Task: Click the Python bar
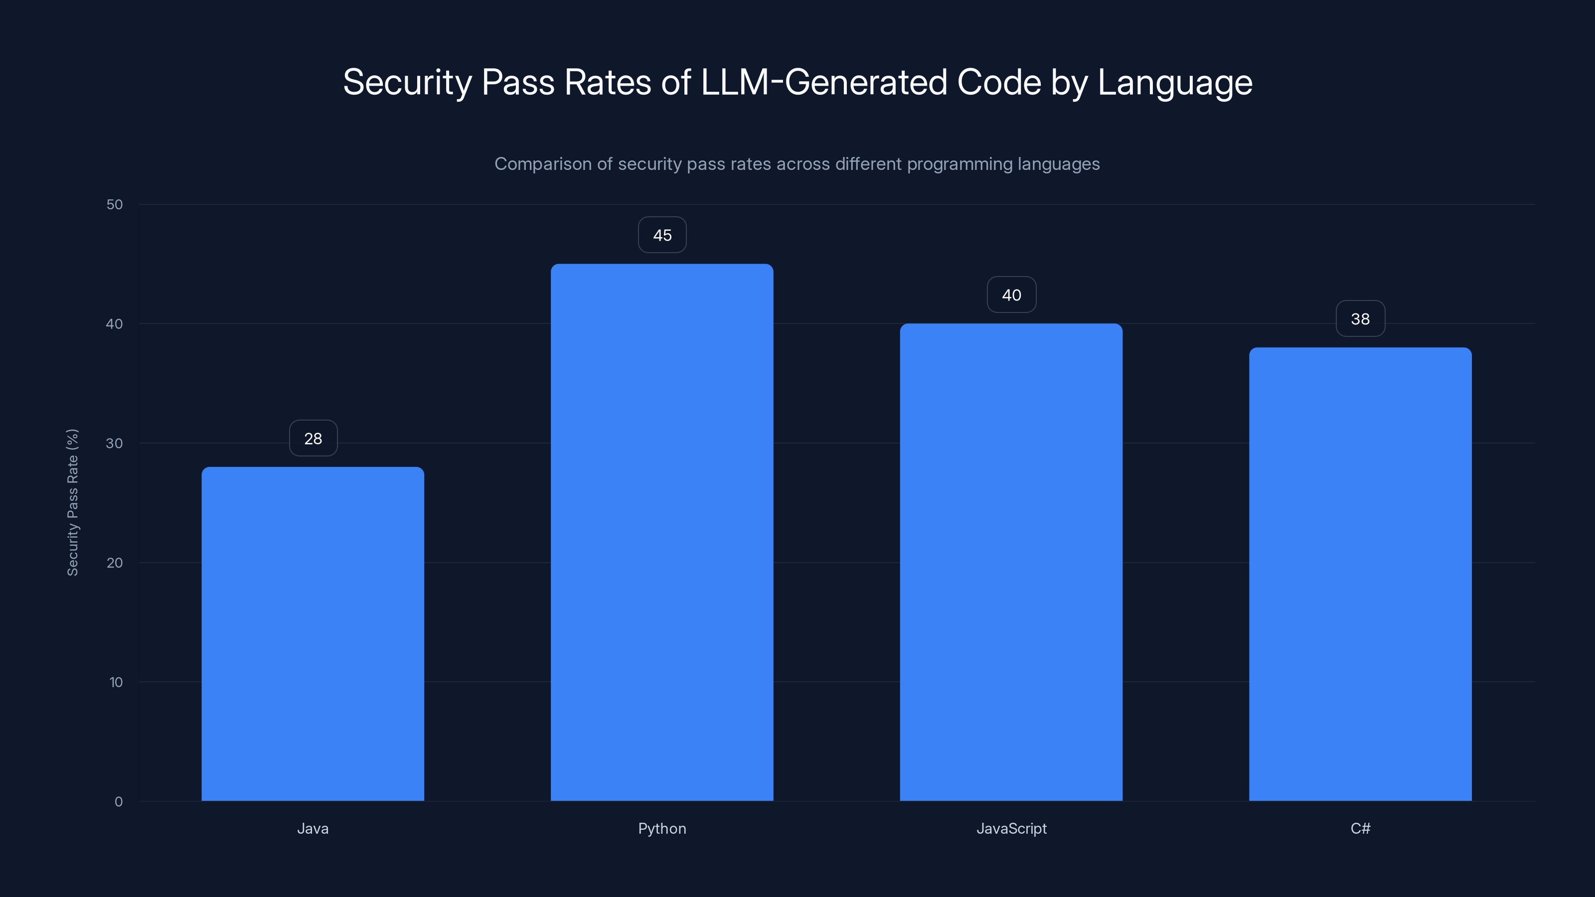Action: (x=662, y=532)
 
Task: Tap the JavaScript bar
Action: (x=1011, y=562)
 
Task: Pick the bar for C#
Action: (x=1360, y=574)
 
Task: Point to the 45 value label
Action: (x=662, y=235)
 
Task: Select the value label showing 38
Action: (x=1360, y=319)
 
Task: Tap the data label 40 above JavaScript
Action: (x=1011, y=296)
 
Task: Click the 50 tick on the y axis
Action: (x=115, y=204)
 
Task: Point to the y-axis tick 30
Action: (x=115, y=443)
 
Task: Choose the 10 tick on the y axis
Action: (x=116, y=682)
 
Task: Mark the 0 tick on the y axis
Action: (x=118, y=802)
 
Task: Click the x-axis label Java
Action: (x=313, y=828)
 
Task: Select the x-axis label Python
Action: (x=662, y=828)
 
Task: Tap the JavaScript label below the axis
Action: (x=1011, y=828)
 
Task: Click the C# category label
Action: (x=1360, y=828)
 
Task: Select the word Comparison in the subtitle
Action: (x=543, y=164)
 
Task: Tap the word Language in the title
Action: (x=1175, y=82)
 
